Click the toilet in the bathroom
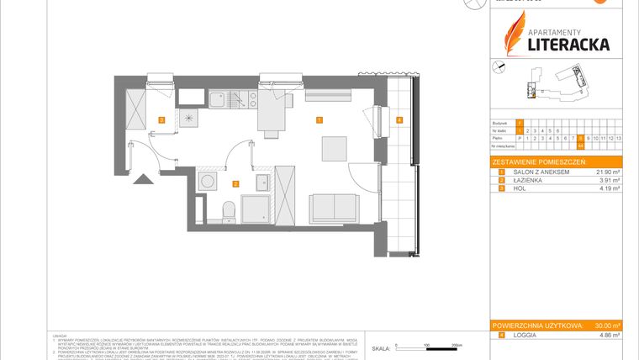coord(226,209)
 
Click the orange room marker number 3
coord(161,120)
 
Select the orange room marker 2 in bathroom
coord(236,183)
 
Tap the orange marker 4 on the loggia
coord(399,120)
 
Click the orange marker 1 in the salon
coord(319,120)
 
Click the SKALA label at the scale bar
coord(380,347)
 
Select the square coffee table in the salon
coord(334,147)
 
